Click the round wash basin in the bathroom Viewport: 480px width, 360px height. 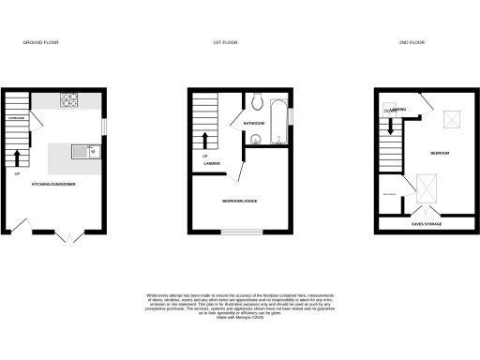[255, 142]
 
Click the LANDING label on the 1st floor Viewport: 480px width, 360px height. [211, 166]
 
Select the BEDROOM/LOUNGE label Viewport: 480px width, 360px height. [241, 202]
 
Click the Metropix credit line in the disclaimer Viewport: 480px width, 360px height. [240, 319]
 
